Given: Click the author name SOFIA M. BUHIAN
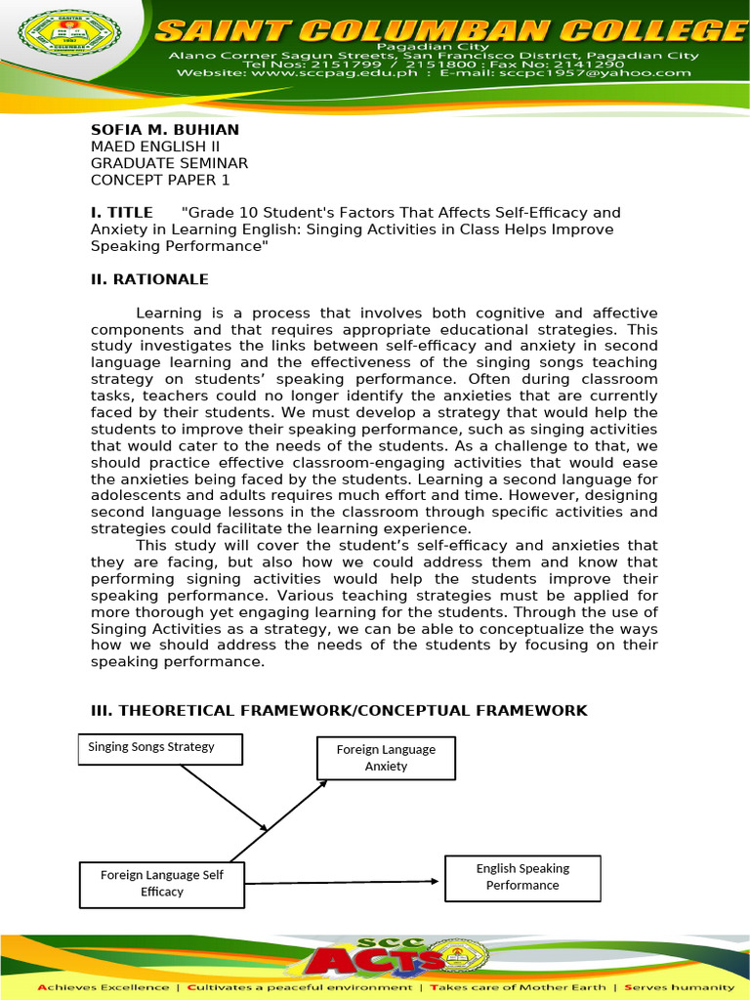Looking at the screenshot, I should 165,130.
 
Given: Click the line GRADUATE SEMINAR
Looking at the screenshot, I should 170,163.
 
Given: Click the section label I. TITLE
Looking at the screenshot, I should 122,213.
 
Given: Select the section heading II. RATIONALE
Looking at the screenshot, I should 149,279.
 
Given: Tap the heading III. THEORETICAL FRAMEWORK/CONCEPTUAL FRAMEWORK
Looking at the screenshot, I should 339,710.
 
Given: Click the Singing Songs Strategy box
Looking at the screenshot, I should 160,748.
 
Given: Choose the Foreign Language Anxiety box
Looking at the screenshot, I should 386,758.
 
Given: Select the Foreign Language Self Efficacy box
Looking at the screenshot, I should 161,883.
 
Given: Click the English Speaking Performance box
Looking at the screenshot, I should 522,877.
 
